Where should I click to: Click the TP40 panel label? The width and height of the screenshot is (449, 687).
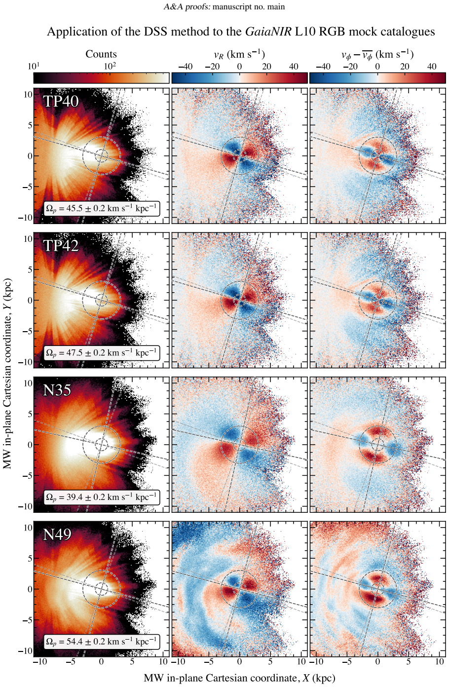(x=61, y=101)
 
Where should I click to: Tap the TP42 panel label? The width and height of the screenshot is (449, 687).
(x=61, y=245)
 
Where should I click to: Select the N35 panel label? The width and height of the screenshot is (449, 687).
(x=57, y=390)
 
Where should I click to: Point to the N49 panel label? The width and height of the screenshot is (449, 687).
(x=57, y=534)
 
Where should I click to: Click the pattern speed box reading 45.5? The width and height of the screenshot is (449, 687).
(x=102, y=209)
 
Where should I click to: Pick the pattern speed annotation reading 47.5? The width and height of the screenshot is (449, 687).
(x=102, y=353)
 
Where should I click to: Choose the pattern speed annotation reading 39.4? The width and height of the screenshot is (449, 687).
(x=102, y=497)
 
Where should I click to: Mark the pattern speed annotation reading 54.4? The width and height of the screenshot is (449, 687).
(x=102, y=642)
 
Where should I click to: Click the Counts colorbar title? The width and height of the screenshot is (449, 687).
(x=101, y=54)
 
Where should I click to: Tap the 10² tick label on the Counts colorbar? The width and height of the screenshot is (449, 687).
(x=110, y=66)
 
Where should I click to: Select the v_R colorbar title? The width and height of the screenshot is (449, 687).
(x=239, y=54)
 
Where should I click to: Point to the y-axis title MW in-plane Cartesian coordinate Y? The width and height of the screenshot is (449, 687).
(x=7, y=374)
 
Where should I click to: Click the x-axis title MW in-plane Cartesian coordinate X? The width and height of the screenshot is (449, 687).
(x=239, y=678)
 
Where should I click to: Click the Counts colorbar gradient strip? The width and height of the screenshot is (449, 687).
(x=101, y=78)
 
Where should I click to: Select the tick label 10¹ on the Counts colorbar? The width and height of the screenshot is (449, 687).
(x=34, y=66)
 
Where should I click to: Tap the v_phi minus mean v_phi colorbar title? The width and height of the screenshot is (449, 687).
(x=377, y=55)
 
